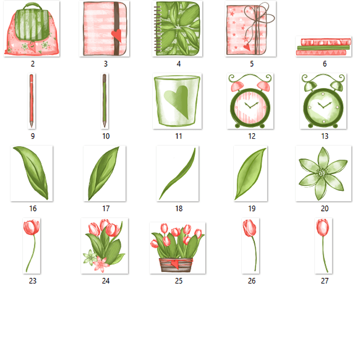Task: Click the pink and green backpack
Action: [32, 30]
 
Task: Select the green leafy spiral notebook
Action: [178, 29]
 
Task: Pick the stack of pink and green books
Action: [323, 47]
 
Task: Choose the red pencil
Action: [31, 101]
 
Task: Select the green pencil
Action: [105, 101]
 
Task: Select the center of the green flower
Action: [322, 173]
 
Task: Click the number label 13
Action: [324, 136]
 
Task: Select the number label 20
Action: [324, 209]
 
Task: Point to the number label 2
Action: [33, 64]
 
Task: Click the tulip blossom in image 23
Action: [31, 228]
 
